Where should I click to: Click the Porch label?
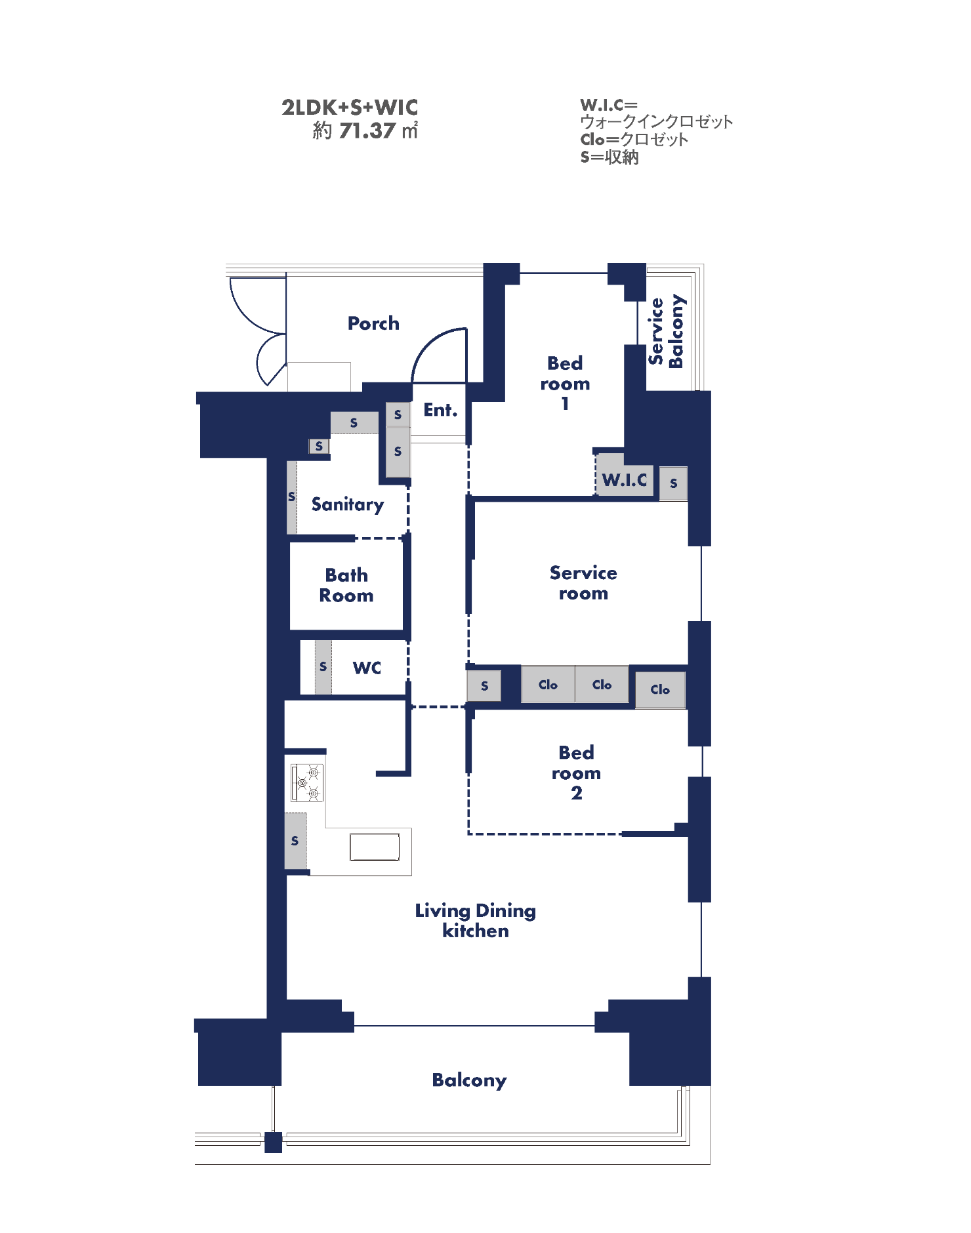click(x=373, y=323)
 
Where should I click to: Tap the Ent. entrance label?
click(x=440, y=410)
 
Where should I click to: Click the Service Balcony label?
click(x=665, y=331)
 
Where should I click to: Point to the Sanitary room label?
click(x=348, y=504)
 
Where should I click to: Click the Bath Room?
click(x=346, y=585)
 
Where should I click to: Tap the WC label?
click(x=367, y=668)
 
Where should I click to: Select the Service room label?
click(x=583, y=583)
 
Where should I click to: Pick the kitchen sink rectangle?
click(x=375, y=847)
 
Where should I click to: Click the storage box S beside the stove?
click(x=296, y=841)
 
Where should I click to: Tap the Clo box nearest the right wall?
click(x=660, y=689)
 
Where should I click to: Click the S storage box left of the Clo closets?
click(x=484, y=686)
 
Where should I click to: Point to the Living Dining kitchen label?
click(x=476, y=920)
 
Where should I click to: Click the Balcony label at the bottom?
click(x=470, y=1080)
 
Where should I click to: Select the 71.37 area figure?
click(x=367, y=131)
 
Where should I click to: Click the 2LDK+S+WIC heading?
click(x=350, y=107)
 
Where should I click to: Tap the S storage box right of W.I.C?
click(x=674, y=483)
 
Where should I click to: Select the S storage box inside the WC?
click(x=323, y=667)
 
